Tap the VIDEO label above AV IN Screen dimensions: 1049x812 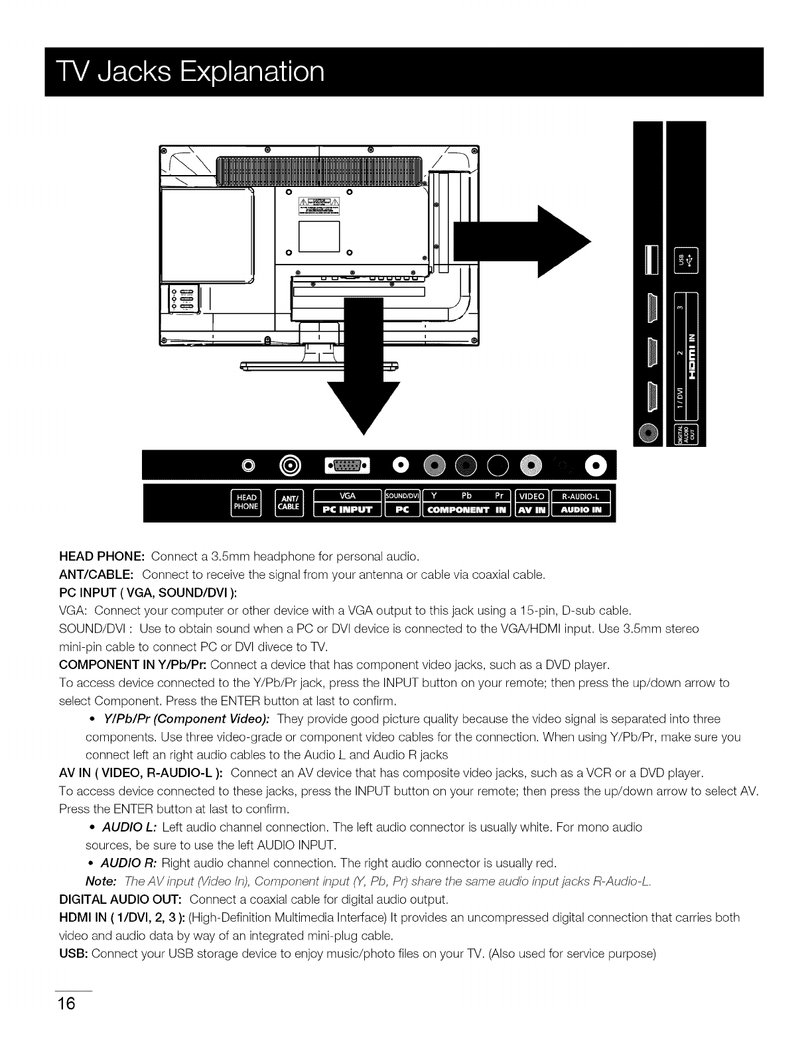[531, 495]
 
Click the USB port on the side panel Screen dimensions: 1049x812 [651, 259]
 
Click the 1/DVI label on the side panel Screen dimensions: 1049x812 [679, 400]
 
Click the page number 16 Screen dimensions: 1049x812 [67, 1002]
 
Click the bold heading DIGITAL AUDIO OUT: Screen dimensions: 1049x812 [121, 900]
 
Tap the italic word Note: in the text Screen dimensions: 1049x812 [101, 881]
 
